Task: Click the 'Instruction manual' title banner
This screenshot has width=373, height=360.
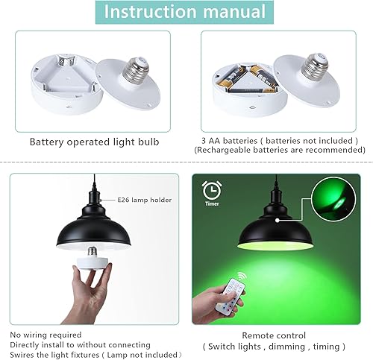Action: coord(186,13)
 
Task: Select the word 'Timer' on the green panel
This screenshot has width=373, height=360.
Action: coord(211,202)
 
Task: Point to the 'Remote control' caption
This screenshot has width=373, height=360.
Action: coord(273,335)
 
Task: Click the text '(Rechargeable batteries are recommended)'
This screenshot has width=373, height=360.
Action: coord(279,150)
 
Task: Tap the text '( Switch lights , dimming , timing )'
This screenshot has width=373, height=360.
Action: coord(273,346)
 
